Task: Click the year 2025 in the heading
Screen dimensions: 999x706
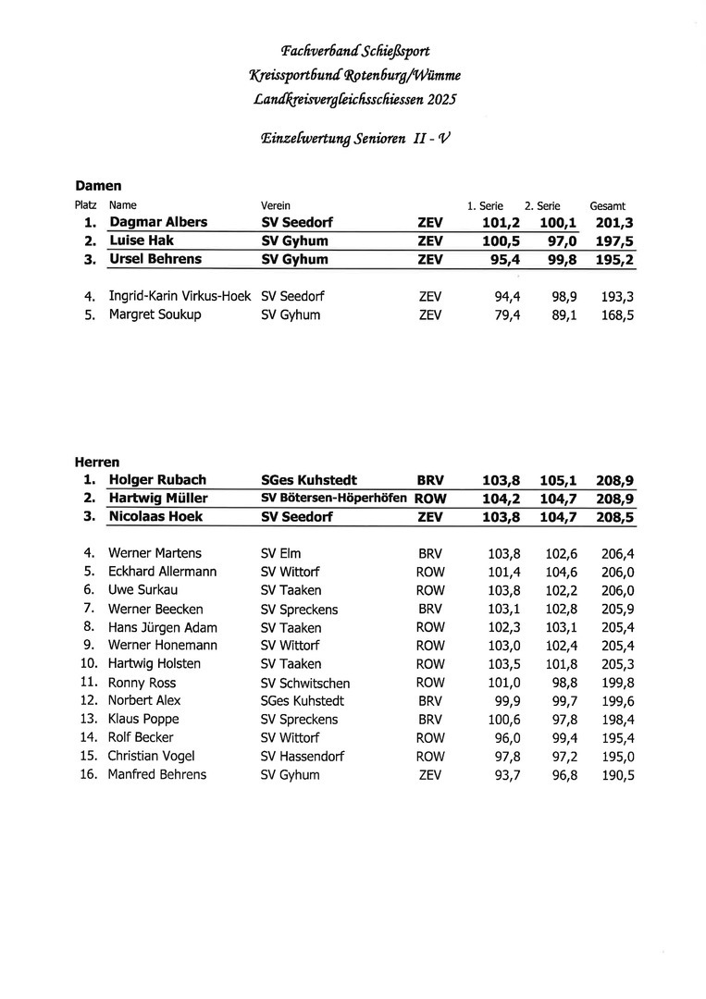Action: click(x=440, y=98)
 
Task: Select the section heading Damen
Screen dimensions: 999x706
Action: click(x=98, y=186)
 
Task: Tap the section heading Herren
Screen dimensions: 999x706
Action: click(x=97, y=462)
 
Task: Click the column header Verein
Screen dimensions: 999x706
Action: click(x=276, y=205)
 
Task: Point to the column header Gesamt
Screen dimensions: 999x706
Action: click(x=607, y=205)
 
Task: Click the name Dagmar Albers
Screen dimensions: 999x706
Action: click(x=158, y=223)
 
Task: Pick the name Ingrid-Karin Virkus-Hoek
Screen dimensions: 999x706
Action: click(x=180, y=297)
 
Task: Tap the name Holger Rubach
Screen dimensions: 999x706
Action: click(x=157, y=480)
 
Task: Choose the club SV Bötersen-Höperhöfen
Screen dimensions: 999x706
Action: click(x=334, y=499)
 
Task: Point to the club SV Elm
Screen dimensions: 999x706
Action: click(x=281, y=553)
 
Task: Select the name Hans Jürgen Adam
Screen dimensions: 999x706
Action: click(x=163, y=627)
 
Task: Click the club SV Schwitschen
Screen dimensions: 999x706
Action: click(x=305, y=683)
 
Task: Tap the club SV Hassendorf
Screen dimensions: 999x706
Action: click(x=303, y=756)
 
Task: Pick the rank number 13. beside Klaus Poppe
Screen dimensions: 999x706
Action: click(x=89, y=719)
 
